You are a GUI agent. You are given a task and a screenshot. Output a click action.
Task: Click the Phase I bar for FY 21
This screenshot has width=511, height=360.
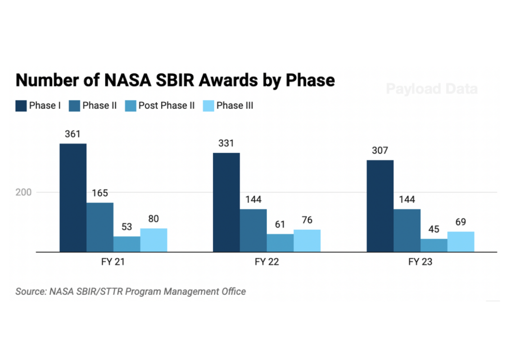(73, 198)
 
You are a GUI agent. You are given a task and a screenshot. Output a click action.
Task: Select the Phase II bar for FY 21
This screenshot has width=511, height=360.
(100, 227)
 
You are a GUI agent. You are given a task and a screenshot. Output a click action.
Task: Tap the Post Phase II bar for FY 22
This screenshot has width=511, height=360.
(280, 243)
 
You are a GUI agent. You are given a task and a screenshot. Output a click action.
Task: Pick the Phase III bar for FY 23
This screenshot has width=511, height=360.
(461, 242)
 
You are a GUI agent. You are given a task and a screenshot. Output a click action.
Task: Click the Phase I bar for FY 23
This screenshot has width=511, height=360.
(380, 206)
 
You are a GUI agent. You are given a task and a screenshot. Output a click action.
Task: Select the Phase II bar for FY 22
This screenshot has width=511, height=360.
(253, 230)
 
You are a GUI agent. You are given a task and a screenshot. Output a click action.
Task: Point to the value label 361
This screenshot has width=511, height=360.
(73, 134)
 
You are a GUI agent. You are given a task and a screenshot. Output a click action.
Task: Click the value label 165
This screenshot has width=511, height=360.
(100, 193)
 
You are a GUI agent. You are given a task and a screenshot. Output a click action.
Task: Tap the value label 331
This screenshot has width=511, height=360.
(226, 143)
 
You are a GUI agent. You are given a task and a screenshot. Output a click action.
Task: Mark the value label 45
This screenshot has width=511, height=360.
(434, 229)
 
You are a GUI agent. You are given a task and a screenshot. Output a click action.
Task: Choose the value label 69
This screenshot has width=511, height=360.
(461, 222)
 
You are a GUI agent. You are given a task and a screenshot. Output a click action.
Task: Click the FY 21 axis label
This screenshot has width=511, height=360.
(113, 262)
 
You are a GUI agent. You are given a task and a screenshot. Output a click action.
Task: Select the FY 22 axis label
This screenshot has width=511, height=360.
(267, 262)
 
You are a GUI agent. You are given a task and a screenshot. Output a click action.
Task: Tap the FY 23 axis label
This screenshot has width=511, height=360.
(420, 262)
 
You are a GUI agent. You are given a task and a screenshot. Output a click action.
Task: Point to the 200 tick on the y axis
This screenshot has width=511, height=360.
(25, 192)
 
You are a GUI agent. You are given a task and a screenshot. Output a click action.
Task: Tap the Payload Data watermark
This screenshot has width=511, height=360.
(432, 89)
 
